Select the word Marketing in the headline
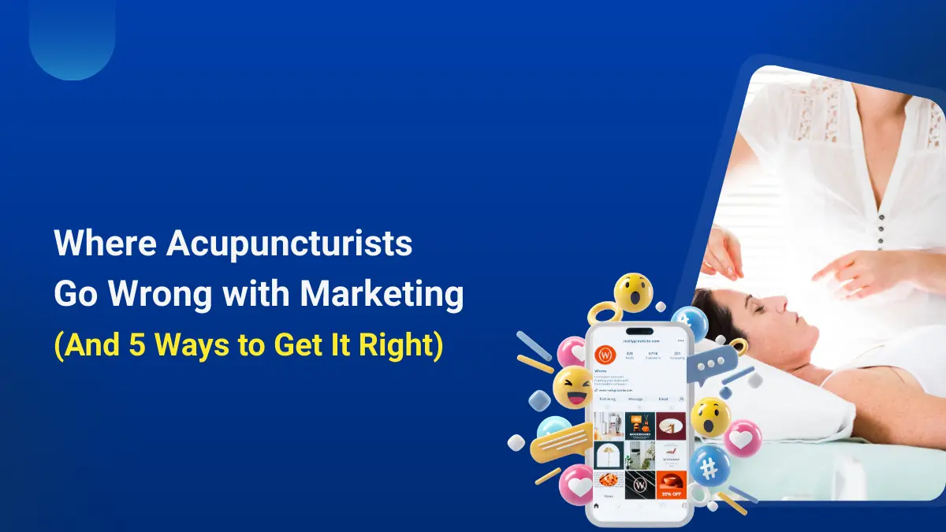tap(381, 295)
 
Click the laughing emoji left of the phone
tap(572, 386)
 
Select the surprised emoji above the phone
tap(633, 292)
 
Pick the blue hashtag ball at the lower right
tap(709, 467)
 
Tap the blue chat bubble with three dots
tap(714, 363)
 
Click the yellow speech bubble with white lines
tap(557, 447)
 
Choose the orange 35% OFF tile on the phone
tap(671, 485)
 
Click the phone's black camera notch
tap(639, 332)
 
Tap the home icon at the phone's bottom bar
tap(597, 507)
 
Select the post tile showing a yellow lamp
tap(608, 455)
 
